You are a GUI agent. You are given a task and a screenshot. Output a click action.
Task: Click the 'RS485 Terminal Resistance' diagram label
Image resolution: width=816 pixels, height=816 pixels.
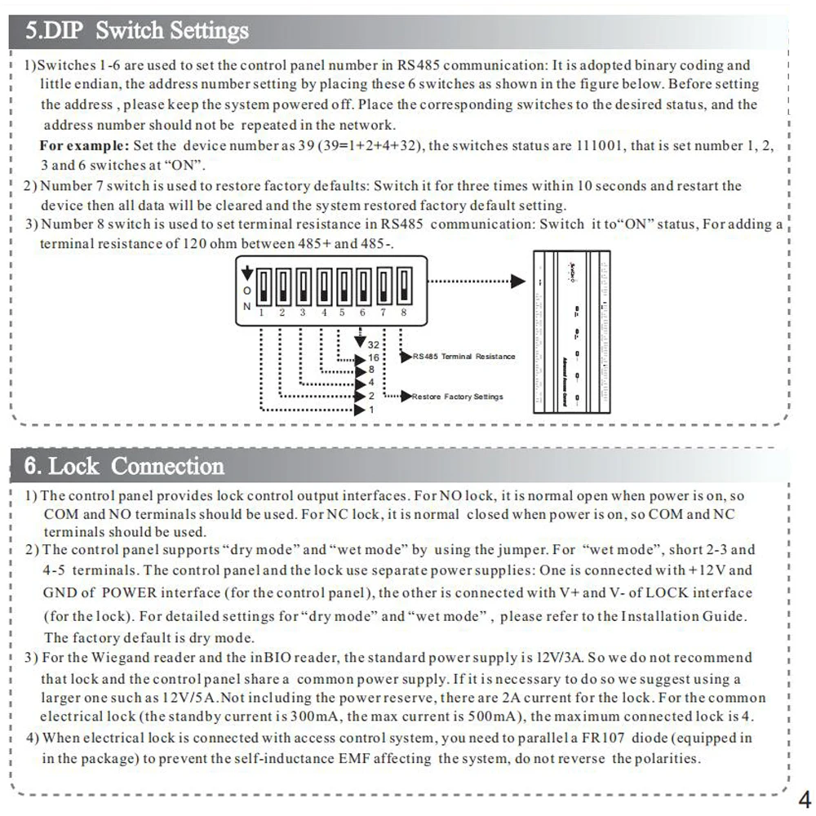tap(463, 357)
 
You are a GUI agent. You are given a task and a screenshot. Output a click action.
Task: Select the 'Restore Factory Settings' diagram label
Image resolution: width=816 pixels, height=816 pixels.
tap(457, 397)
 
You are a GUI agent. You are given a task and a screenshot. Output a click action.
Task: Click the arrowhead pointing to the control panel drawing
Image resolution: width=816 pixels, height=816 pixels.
tap(518, 282)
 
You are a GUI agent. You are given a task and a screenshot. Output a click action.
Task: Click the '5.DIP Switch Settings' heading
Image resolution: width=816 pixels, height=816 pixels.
tap(137, 32)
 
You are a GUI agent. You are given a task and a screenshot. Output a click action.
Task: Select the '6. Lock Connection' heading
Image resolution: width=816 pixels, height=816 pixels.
tap(124, 467)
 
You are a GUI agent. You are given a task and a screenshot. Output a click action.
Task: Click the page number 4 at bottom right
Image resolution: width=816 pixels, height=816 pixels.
tap(804, 797)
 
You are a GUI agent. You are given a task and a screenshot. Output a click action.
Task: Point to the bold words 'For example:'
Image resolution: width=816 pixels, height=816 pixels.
tap(83, 146)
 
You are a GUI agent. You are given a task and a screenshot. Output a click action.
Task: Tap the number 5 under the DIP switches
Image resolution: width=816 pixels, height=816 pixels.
tap(343, 312)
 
